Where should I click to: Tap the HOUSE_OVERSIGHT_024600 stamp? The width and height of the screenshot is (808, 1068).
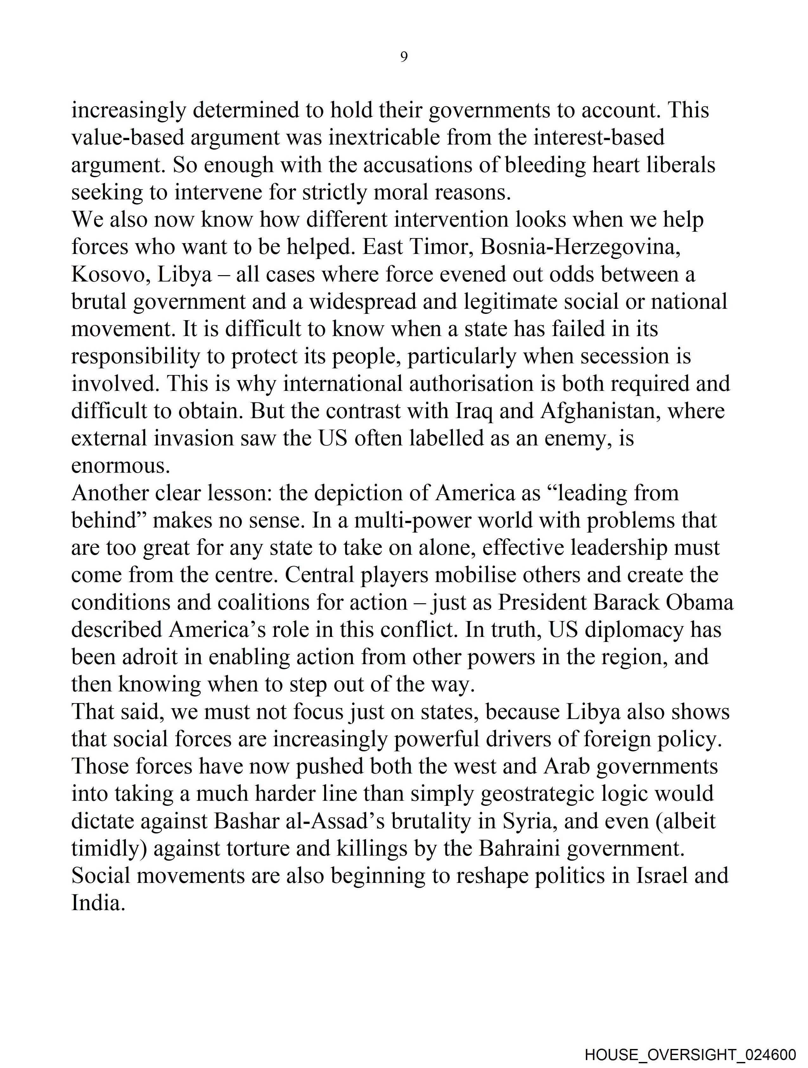(x=690, y=1054)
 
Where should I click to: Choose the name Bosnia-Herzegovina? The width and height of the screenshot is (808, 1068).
(x=581, y=247)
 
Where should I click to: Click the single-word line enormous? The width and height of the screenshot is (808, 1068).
(x=121, y=466)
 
